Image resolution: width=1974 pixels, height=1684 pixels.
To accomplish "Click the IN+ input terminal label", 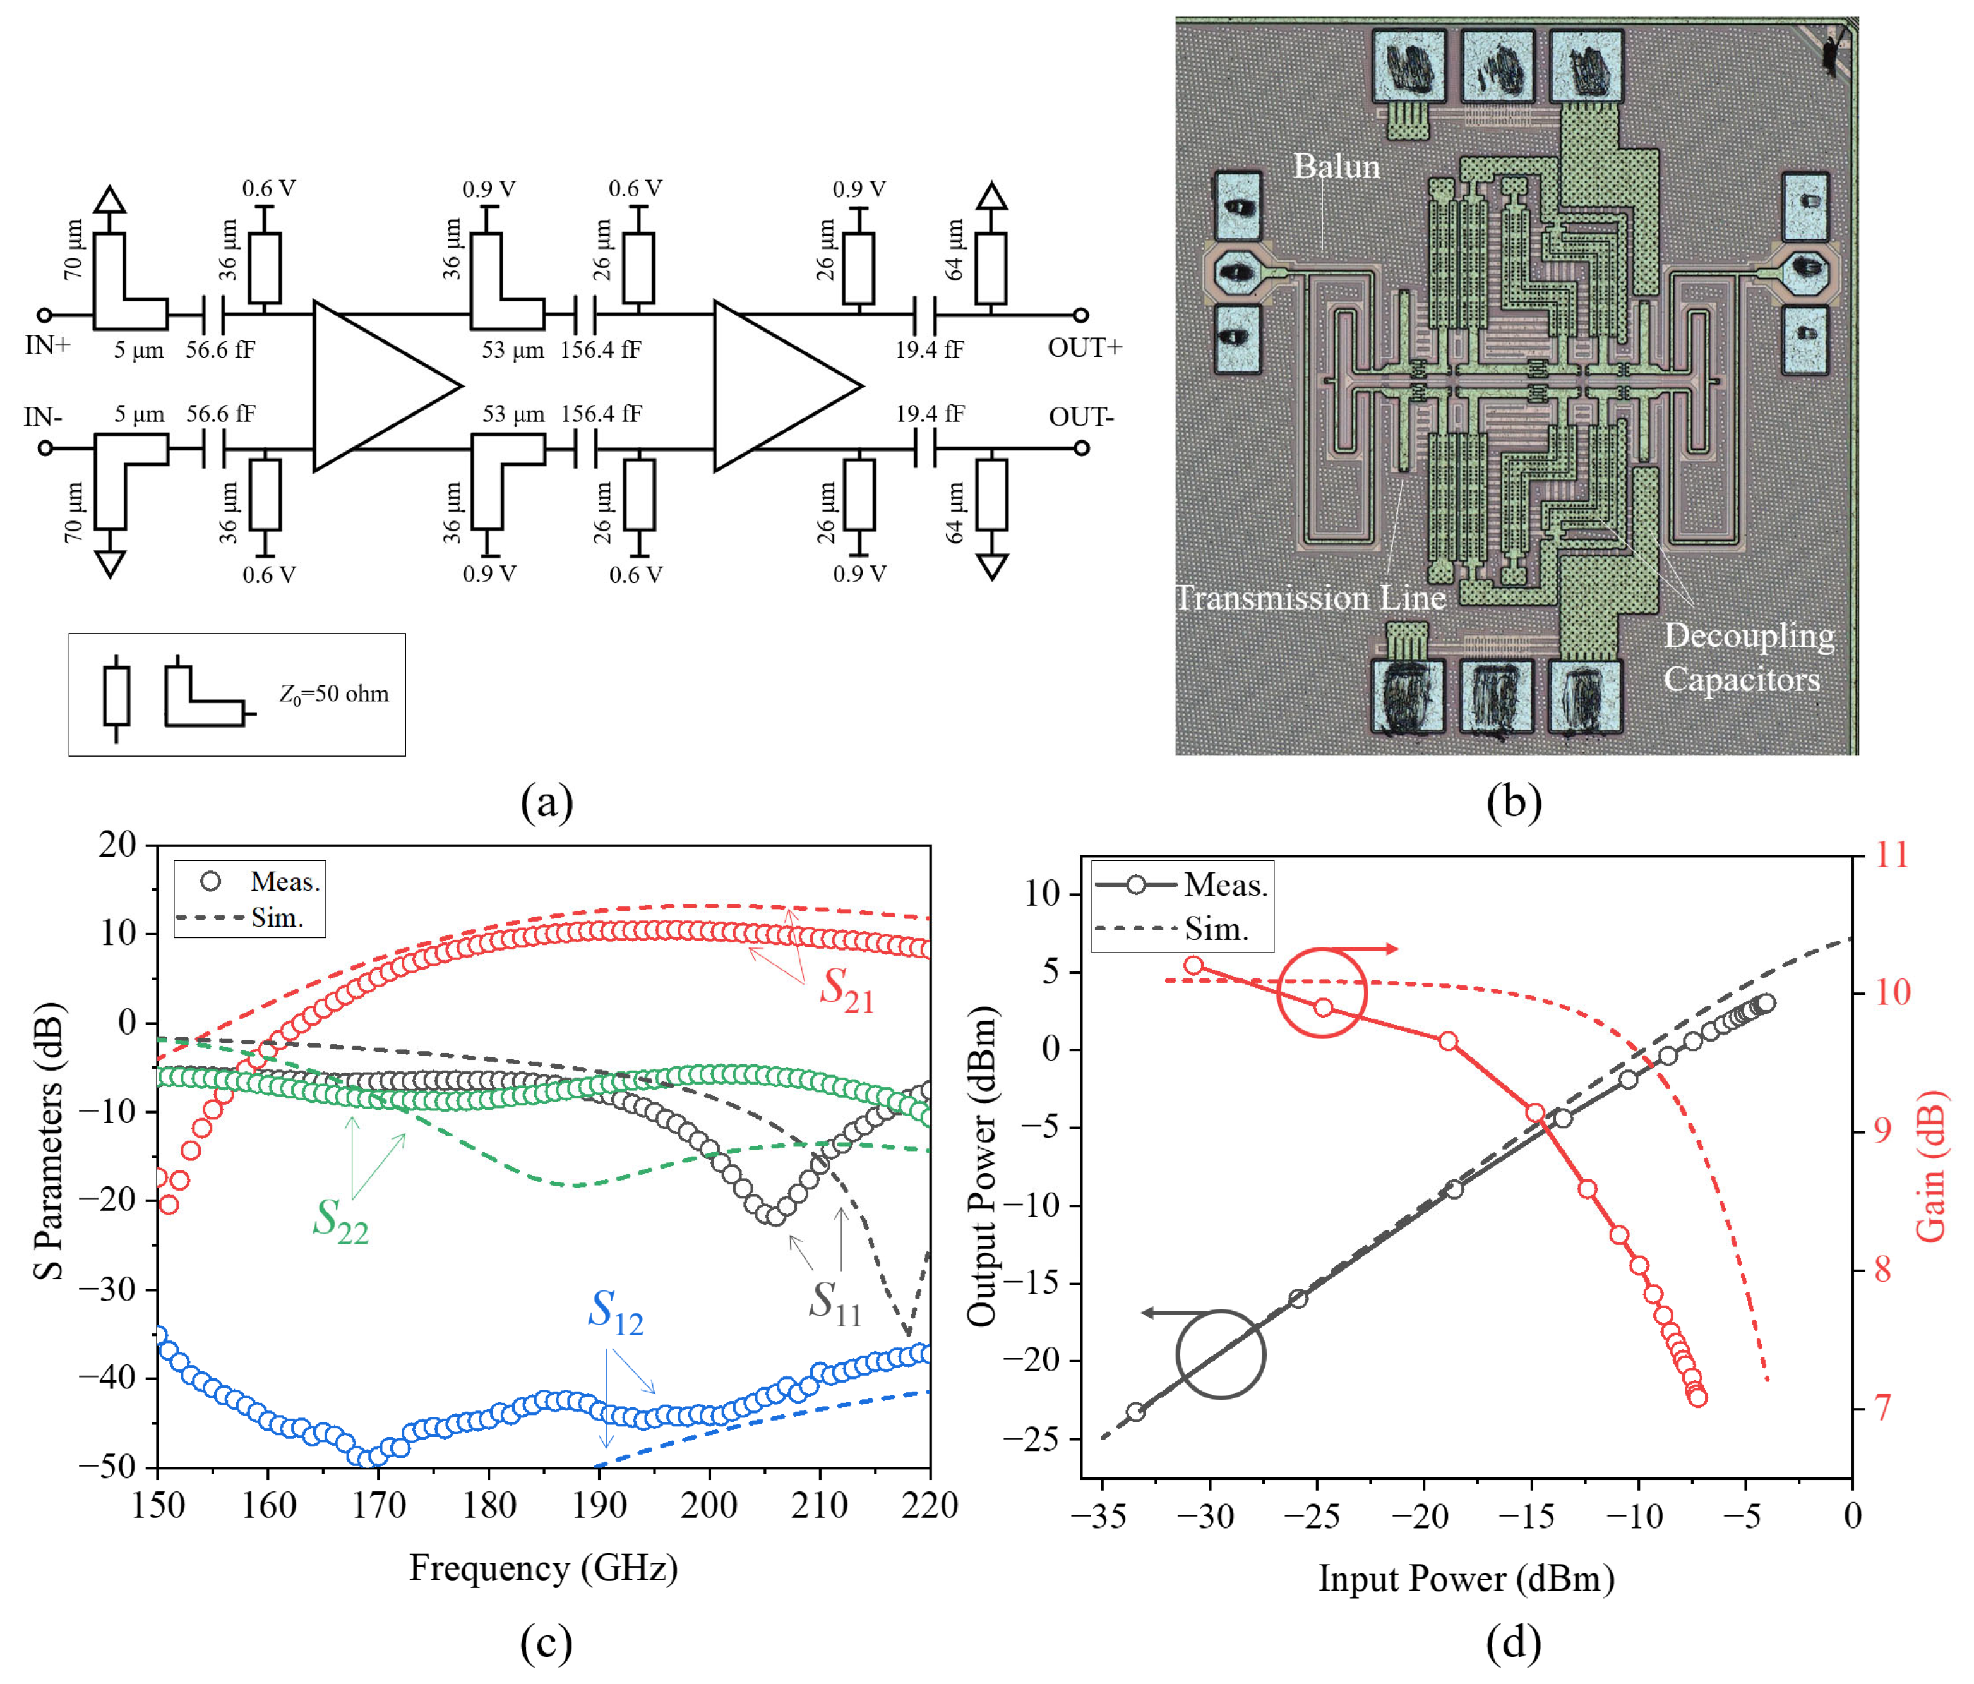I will click(47, 345).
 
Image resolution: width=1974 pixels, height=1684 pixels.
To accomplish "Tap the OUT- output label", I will click(1080, 418).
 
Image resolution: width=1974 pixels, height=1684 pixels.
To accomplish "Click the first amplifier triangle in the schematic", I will click(376, 386).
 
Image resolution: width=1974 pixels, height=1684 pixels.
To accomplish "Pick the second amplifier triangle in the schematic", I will click(777, 386).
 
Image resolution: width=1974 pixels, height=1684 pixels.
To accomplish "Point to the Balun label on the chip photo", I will click(1336, 167).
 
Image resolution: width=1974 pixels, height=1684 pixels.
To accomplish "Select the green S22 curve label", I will click(340, 1220).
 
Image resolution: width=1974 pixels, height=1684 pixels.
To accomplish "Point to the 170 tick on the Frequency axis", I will click(378, 1506).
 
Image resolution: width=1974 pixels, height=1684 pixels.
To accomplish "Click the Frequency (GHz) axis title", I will click(543, 1568).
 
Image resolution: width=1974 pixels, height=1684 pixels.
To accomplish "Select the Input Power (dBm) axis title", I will click(1466, 1579).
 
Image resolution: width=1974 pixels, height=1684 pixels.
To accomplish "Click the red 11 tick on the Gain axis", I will click(1892, 855).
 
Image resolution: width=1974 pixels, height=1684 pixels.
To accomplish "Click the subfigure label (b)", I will click(1513, 802).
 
